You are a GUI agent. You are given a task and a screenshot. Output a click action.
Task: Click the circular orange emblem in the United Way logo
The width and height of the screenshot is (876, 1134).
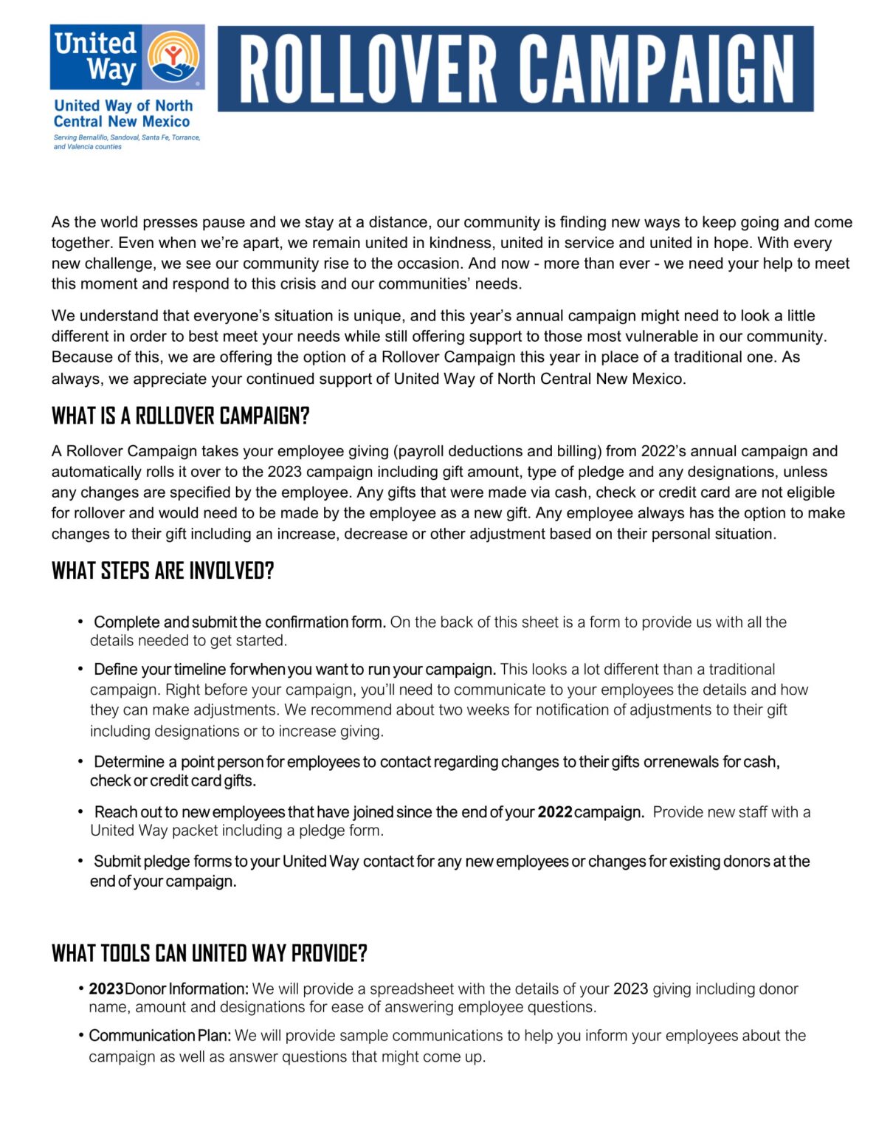click(173, 56)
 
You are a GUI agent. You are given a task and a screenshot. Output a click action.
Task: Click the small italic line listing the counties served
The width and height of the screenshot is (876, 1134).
click(126, 142)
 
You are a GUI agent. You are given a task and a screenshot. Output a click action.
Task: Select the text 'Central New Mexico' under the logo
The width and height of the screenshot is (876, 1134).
click(121, 122)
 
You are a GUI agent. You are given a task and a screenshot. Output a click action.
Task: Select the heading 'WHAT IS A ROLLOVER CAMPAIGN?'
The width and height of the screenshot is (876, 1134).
click(180, 416)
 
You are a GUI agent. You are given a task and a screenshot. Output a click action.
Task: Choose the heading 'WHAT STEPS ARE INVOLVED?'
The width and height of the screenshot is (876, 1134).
click(162, 571)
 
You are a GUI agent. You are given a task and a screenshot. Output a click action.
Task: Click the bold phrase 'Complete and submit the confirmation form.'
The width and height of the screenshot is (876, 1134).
click(240, 622)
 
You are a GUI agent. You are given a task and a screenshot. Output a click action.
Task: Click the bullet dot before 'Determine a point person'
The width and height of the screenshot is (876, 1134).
click(80, 761)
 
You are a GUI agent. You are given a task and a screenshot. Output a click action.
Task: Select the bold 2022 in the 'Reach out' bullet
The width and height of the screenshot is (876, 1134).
click(555, 812)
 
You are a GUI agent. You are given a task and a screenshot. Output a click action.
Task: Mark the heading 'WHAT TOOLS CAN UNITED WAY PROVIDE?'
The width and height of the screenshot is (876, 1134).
click(209, 953)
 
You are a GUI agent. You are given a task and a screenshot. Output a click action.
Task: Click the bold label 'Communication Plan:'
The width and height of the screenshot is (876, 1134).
click(159, 1036)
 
